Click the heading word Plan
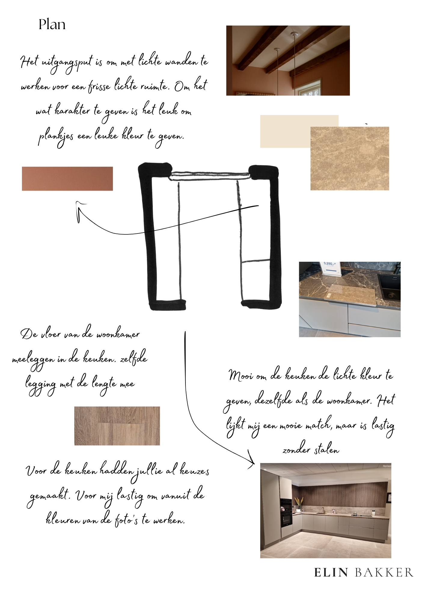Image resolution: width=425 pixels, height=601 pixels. point(52,24)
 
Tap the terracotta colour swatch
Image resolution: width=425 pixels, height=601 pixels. point(67,179)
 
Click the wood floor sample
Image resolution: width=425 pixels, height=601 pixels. point(117,426)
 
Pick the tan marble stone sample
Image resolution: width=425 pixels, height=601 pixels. point(350,158)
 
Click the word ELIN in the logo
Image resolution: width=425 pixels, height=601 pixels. point(331,573)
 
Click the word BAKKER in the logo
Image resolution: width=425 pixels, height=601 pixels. point(384,573)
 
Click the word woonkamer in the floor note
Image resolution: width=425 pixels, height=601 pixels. point(118,334)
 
